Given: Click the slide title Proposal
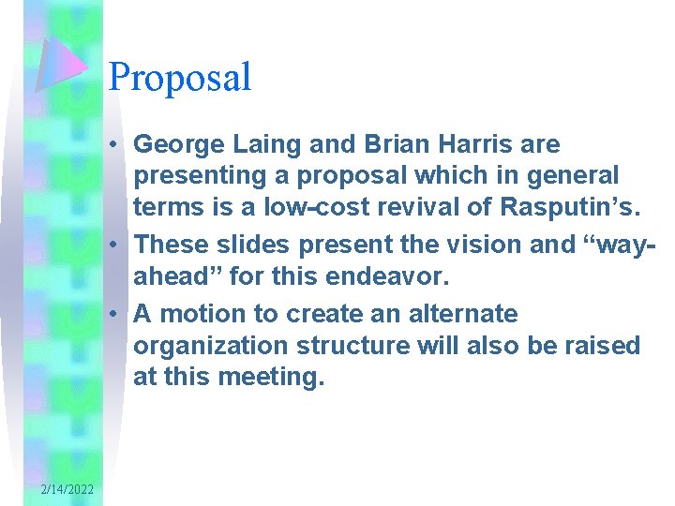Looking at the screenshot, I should pos(180,78).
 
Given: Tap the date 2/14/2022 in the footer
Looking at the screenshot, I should pos(67,489).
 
